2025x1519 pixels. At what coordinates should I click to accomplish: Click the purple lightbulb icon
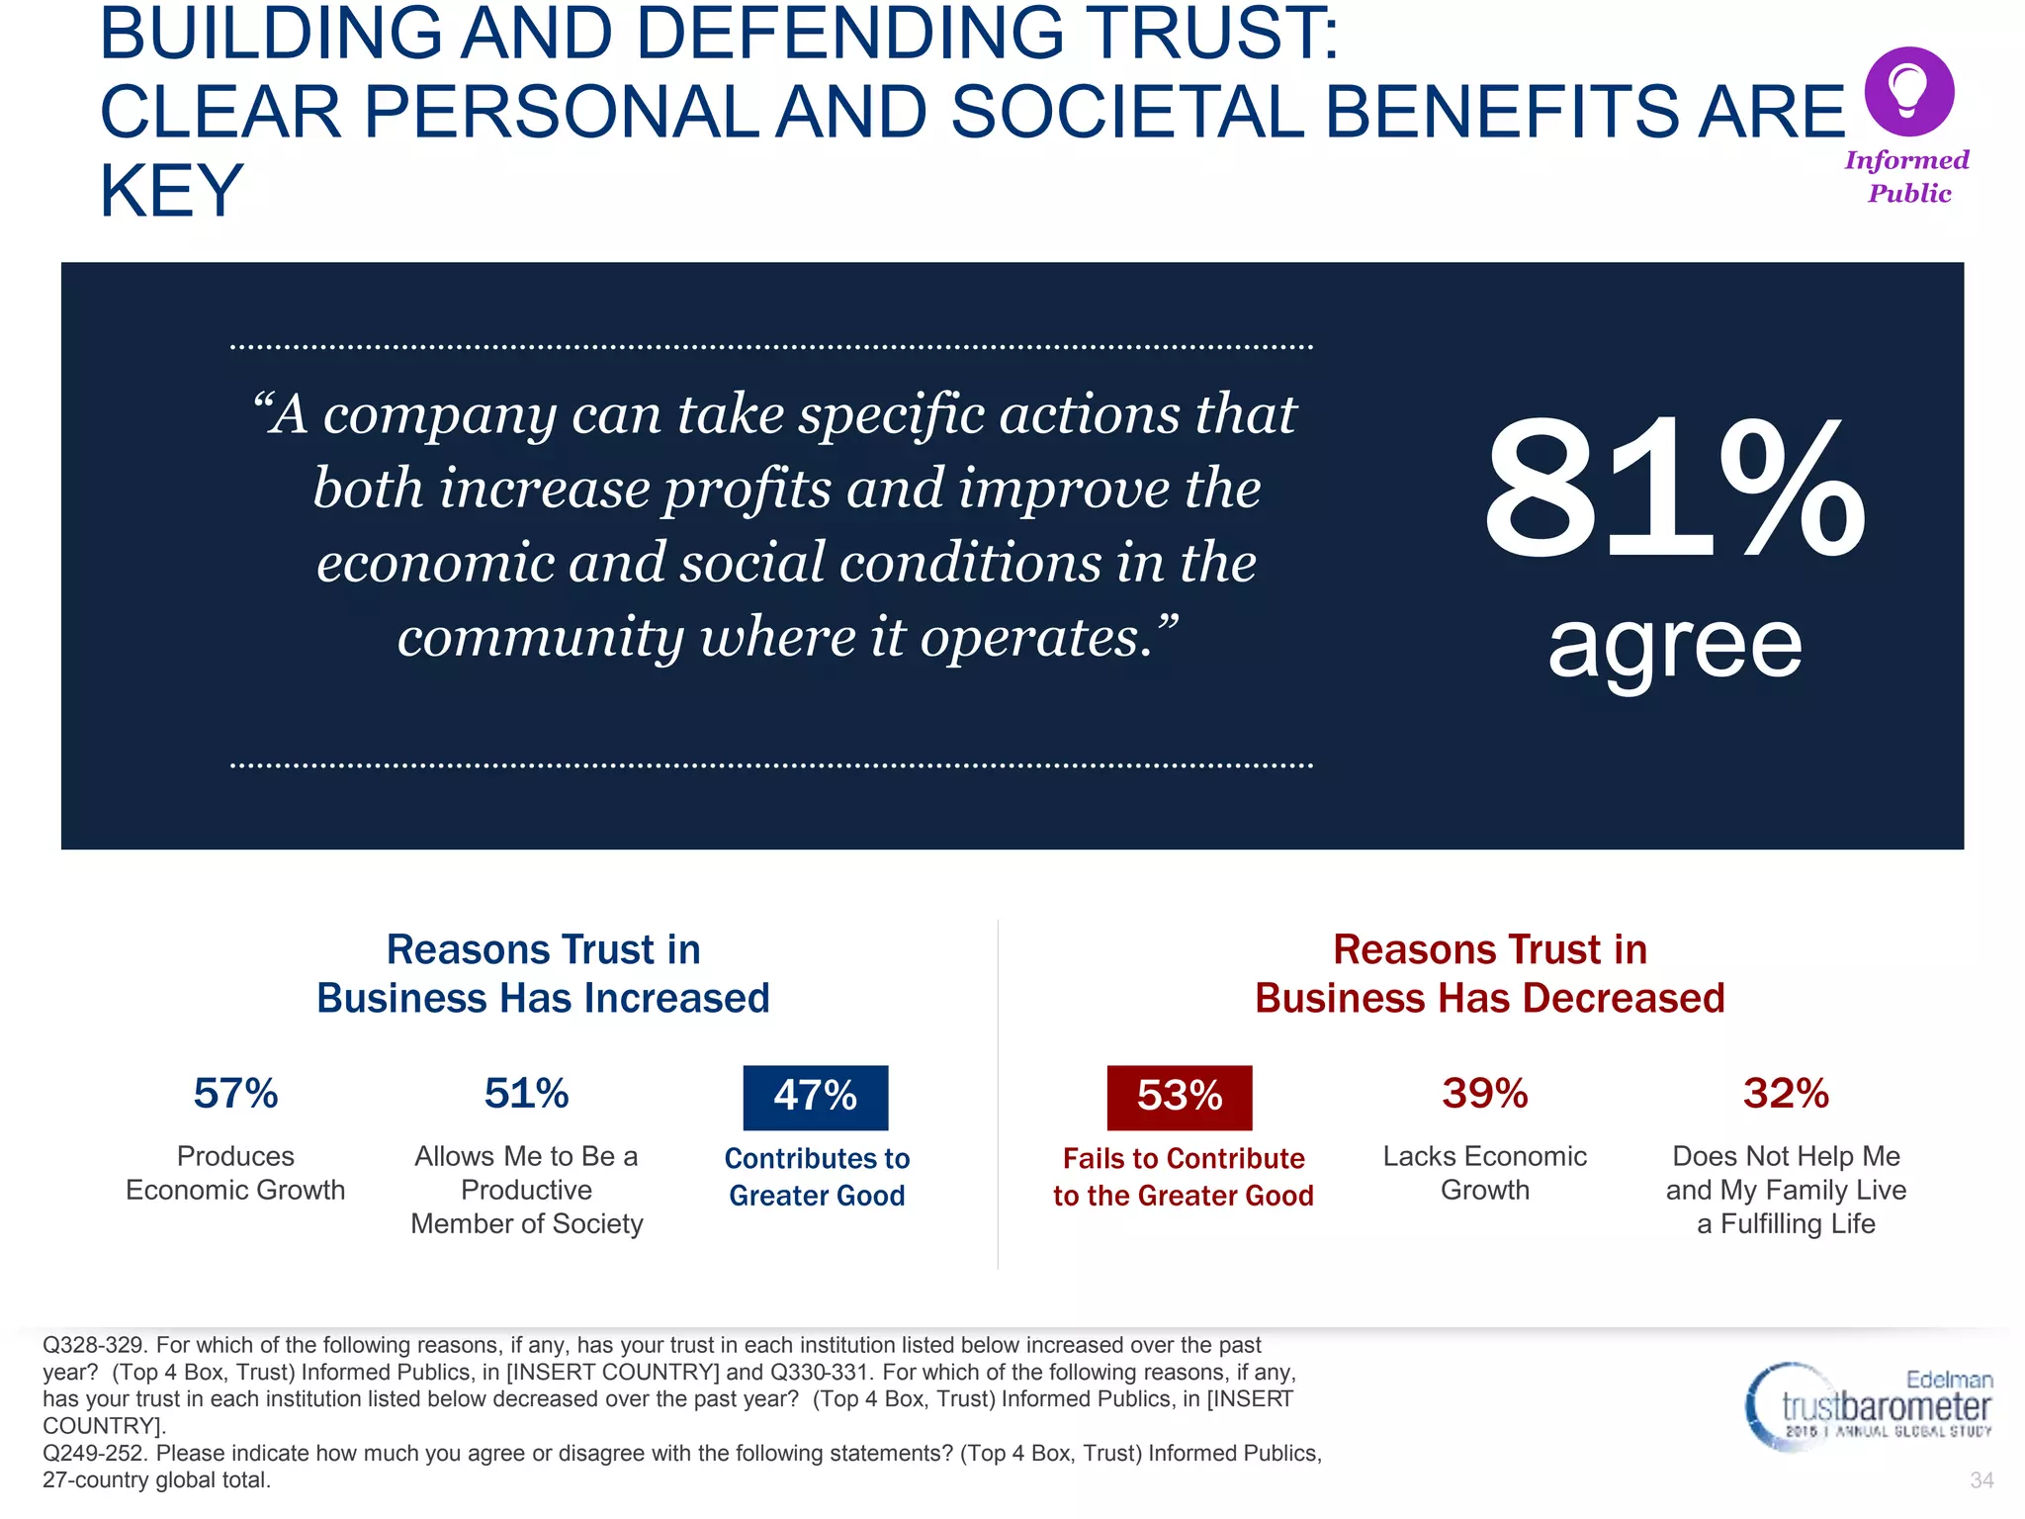[1908, 91]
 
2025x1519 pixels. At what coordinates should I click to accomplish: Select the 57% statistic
[235, 1094]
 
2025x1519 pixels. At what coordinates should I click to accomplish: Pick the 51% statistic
[526, 1094]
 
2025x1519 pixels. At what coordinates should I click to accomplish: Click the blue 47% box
[816, 1097]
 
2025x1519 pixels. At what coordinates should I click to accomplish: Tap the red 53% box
[1180, 1097]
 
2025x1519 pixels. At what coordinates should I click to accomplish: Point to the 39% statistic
[1484, 1094]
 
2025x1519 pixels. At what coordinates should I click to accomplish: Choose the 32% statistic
[1786, 1094]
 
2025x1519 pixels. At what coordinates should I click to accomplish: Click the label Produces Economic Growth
[235, 1173]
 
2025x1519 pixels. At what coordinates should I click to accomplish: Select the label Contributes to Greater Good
[817, 1177]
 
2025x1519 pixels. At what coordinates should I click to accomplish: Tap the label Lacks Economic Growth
[1484, 1173]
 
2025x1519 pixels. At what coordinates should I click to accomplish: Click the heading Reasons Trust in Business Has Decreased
[1489, 974]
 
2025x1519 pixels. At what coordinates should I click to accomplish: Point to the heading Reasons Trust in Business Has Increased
[543, 974]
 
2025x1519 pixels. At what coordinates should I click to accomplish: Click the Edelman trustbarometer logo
[1869, 1406]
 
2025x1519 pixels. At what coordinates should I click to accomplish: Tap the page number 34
[1981, 1480]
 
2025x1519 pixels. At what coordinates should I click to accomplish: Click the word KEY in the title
[171, 190]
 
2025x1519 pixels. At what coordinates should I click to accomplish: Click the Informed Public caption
[1907, 176]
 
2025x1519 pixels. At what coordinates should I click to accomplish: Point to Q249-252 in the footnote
[95, 1454]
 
